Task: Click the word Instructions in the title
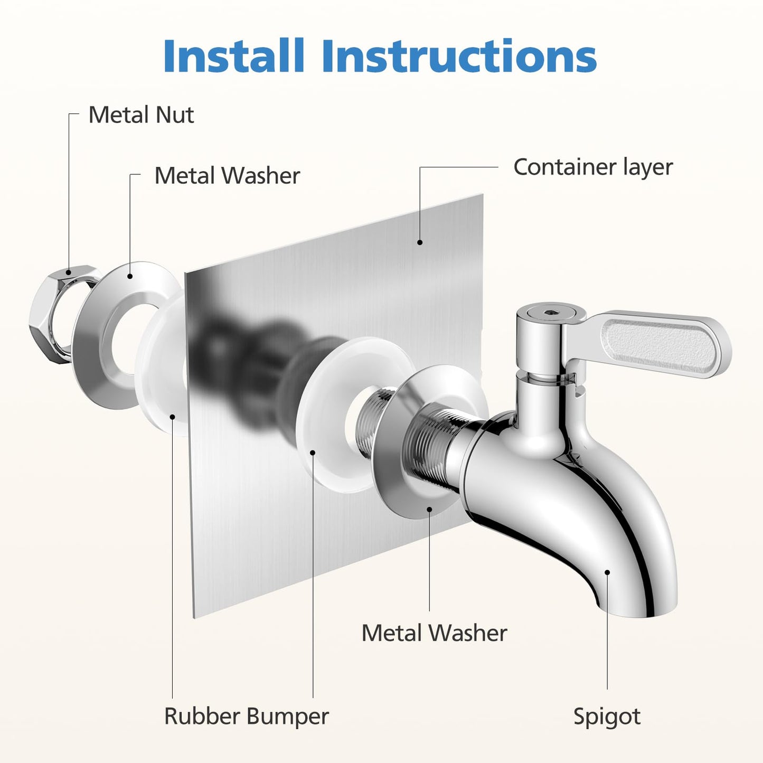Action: pyautogui.click(x=459, y=56)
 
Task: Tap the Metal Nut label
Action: pyautogui.click(x=141, y=115)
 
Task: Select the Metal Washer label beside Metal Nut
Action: pyautogui.click(x=227, y=176)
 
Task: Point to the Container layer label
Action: pyautogui.click(x=592, y=167)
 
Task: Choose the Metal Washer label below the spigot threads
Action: pyautogui.click(x=434, y=633)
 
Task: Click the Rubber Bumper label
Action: pyautogui.click(x=246, y=717)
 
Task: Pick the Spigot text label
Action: pyautogui.click(x=607, y=717)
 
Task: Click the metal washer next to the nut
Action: pyautogui.click(x=106, y=338)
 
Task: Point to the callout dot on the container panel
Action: pyautogui.click(x=420, y=242)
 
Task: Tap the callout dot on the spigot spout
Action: pyautogui.click(x=607, y=572)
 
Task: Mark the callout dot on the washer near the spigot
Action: pyautogui.click(x=429, y=510)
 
